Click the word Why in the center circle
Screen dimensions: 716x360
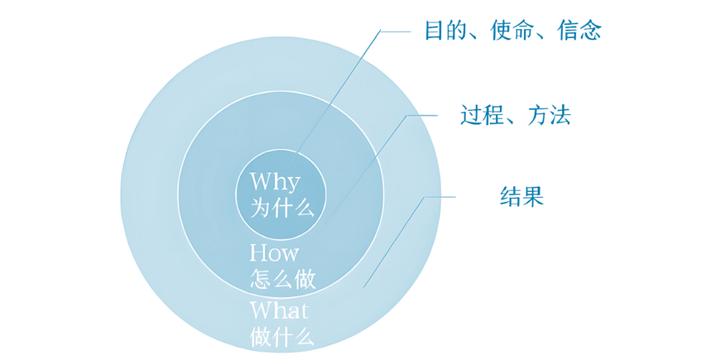coord(275,181)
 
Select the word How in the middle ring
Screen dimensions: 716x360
coord(274,252)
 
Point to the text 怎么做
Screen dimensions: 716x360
coord(282,279)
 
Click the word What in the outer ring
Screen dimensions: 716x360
coord(279,310)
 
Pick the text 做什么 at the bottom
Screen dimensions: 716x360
coord(282,337)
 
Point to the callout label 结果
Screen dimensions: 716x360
coord(521,197)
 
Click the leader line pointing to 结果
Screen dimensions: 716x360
coord(394,242)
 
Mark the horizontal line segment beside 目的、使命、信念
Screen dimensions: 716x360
coord(396,31)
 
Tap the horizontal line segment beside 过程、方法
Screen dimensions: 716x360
coord(422,115)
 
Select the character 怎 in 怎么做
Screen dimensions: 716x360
coord(261,279)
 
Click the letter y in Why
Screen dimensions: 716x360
coord(293,185)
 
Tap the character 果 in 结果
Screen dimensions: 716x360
coord(533,197)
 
